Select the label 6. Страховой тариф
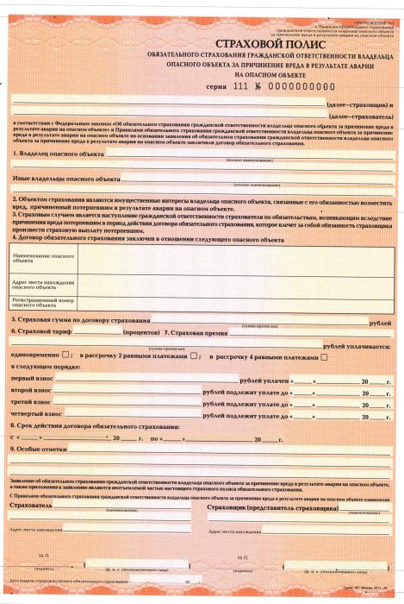[x=43, y=332]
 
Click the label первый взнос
[x=32, y=380]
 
